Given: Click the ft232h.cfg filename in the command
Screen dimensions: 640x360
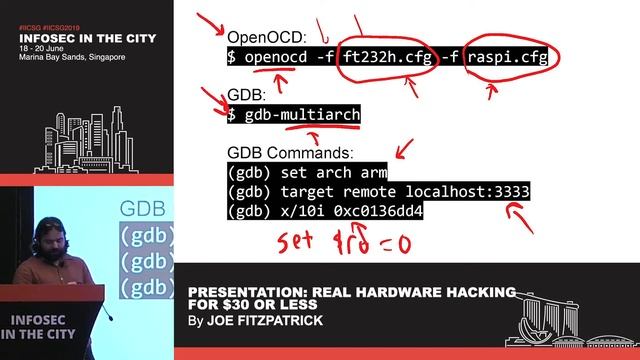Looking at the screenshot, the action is [387, 57].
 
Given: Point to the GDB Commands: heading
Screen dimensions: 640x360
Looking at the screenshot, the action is [290, 153].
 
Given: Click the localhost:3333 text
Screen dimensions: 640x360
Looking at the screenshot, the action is [467, 191].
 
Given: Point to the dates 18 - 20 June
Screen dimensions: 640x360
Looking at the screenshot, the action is [44, 47].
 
